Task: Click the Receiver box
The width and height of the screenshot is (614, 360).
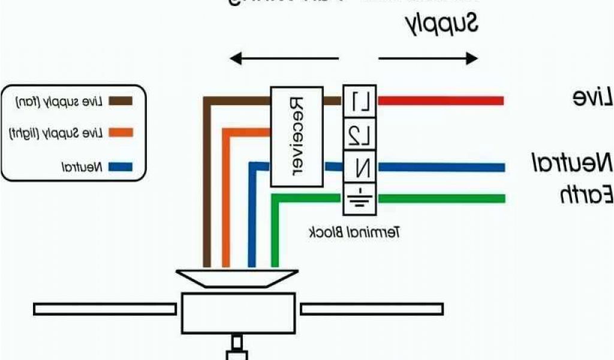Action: (x=297, y=136)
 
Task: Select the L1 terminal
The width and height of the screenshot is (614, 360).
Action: (x=360, y=101)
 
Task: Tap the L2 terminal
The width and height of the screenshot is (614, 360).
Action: (x=360, y=134)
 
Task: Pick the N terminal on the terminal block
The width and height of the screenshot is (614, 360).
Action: (x=360, y=167)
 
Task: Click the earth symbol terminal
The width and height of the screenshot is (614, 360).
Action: (x=360, y=199)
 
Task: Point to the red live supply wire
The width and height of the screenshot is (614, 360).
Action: (x=440, y=101)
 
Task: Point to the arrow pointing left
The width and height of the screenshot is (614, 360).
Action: (x=284, y=58)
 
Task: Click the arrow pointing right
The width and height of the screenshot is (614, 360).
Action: (x=428, y=58)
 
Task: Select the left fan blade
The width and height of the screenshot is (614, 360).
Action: (x=105, y=309)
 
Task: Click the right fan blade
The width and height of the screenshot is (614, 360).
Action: (x=371, y=309)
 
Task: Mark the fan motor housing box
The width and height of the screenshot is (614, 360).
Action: (x=239, y=313)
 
